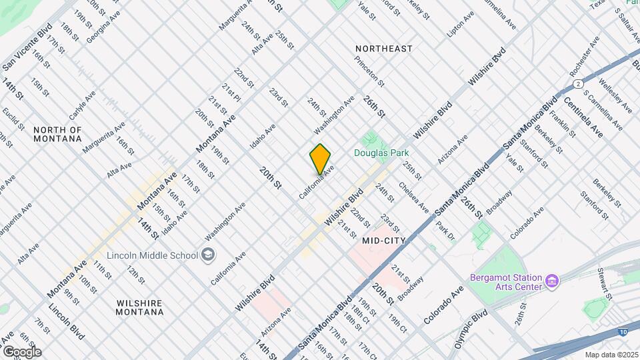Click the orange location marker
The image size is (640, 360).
click(x=321, y=159)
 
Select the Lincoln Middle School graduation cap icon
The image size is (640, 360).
click(x=209, y=255)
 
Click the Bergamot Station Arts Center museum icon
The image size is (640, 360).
click(x=551, y=281)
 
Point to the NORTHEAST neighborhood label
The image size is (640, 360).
click(x=383, y=49)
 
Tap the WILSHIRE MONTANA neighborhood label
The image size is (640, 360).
click(x=139, y=307)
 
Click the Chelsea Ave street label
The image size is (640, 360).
click(x=413, y=198)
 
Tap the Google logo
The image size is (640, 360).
click(x=21, y=351)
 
